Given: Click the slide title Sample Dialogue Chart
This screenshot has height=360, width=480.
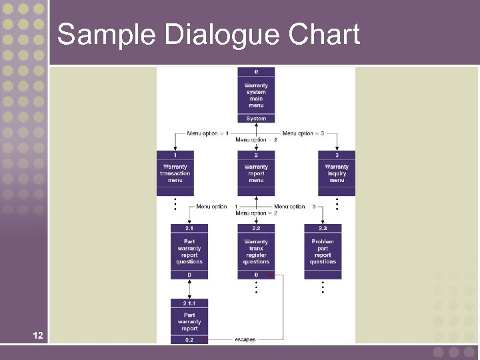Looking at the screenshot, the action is pyautogui.click(x=208, y=35).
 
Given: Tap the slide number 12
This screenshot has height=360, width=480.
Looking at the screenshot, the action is pyautogui.click(x=38, y=335).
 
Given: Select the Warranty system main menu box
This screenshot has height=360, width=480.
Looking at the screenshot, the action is pyautogui.click(x=256, y=95).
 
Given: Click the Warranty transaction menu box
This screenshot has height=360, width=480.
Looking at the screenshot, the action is pyautogui.click(x=175, y=174).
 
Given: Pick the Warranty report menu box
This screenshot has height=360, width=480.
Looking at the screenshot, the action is pyautogui.click(x=256, y=174).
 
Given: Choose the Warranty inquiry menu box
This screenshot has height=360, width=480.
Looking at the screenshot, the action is pyautogui.click(x=337, y=174).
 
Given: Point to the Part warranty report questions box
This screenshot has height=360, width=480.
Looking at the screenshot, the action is pyautogui.click(x=189, y=251).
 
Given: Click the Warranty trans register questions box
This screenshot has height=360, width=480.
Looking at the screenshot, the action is pyautogui.click(x=256, y=251).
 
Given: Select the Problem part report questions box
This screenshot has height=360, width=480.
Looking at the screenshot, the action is pyautogui.click(x=323, y=251).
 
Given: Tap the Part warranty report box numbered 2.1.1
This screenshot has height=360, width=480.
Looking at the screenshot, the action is pyautogui.click(x=189, y=322).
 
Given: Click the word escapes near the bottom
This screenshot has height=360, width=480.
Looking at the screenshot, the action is pyautogui.click(x=245, y=339).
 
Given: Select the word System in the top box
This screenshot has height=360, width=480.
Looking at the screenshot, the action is pyautogui.click(x=256, y=119).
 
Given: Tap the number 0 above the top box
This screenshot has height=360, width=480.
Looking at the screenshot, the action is pyautogui.click(x=256, y=71).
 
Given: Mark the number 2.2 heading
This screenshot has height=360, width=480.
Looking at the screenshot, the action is pyautogui.click(x=256, y=228).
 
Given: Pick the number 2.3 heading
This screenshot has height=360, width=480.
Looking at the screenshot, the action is pyautogui.click(x=323, y=228).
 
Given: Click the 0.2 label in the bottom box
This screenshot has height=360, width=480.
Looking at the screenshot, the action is pyautogui.click(x=189, y=339).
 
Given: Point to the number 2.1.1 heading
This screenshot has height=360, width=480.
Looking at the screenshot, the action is pyautogui.click(x=189, y=303).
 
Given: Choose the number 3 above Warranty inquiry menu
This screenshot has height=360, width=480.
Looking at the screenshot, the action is pyautogui.click(x=337, y=155).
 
